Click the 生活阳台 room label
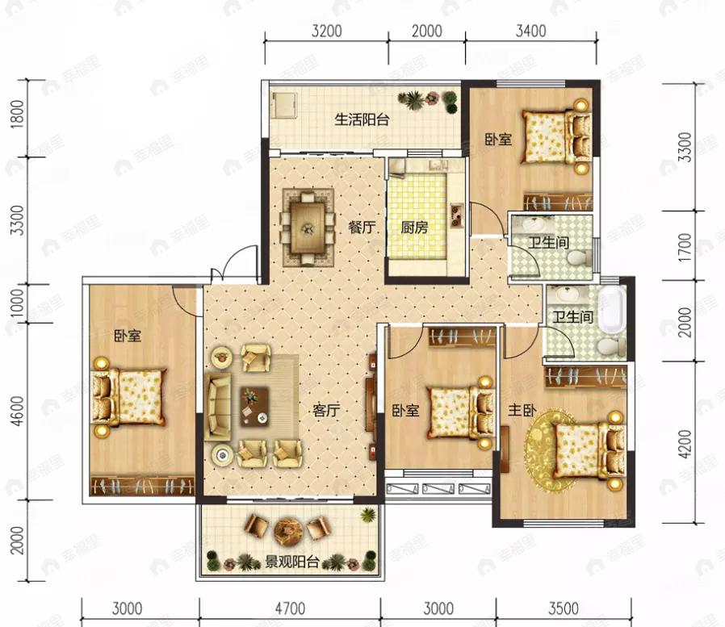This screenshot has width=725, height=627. pyautogui.click(x=362, y=119)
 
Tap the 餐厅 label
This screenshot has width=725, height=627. pyautogui.click(x=362, y=227)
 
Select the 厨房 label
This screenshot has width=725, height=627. pyautogui.click(x=414, y=227)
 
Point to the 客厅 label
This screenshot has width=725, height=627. pyautogui.click(x=326, y=410)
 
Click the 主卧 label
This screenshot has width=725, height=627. pyautogui.click(x=522, y=410)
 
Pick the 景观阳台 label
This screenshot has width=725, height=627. pyautogui.click(x=292, y=562)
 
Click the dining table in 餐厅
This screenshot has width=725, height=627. pyautogui.click(x=308, y=228)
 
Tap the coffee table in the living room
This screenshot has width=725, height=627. pyautogui.click(x=254, y=407)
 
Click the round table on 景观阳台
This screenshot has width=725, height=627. pyautogui.click(x=287, y=530)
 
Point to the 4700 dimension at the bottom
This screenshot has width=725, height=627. pyautogui.click(x=290, y=608)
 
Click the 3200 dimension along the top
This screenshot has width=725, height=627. pyautogui.click(x=326, y=31)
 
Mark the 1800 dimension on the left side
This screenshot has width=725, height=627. pyautogui.click(x=17, y=114)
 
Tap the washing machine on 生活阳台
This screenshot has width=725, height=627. pyautogui.click(x=284, y=105)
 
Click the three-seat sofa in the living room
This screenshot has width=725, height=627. pyautogui.click(x=218, y=407)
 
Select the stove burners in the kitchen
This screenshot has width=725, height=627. pyautogui.click(x=457, y=215)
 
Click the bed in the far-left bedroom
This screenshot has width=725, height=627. pyautogui.click(x=128, y=397)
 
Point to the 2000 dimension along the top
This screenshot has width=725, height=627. pyautogui.click(x=427, y=31)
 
